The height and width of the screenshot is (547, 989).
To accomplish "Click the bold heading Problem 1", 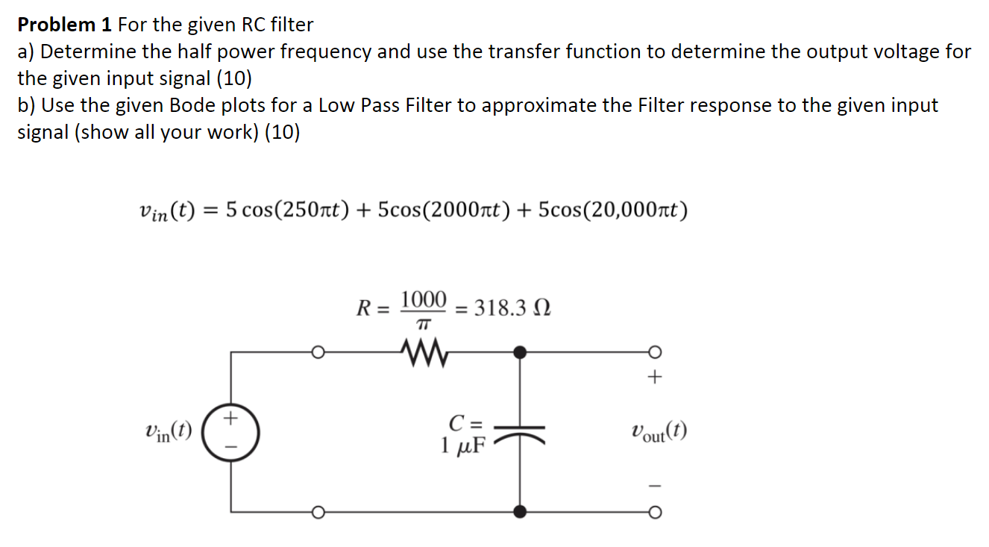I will (x=65, y=25).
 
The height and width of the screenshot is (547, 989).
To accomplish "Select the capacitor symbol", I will (x=521, y=432).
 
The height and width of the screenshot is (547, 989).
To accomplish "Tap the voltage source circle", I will (x=230, y=431).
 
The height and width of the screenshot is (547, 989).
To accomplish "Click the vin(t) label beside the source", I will (x=169, y=431).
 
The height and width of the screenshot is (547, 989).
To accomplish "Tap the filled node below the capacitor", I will (x=521, y=511).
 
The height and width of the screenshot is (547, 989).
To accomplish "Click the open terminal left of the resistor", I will (x=317, y=351).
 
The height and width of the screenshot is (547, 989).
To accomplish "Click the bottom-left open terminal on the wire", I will (x=317, y=512).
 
